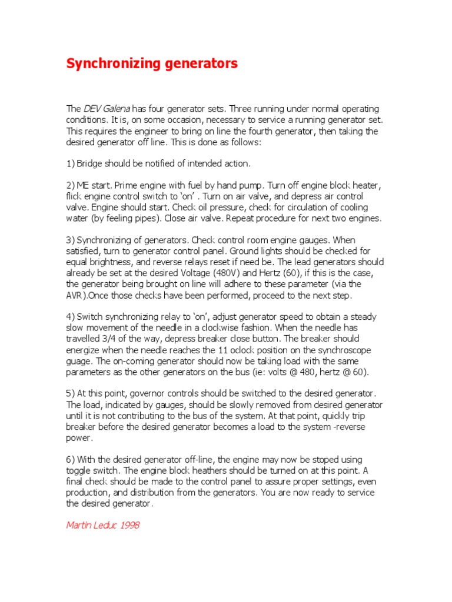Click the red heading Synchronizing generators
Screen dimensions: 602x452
[x=152, y=63]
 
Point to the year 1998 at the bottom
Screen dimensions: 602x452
[x=129, y=525]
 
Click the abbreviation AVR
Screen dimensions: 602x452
[x=76, y=295]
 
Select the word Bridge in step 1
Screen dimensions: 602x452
[x=91, y=163]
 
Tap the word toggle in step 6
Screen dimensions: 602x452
[x=80, y=470]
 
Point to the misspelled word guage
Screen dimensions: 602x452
[x=79, y=361]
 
